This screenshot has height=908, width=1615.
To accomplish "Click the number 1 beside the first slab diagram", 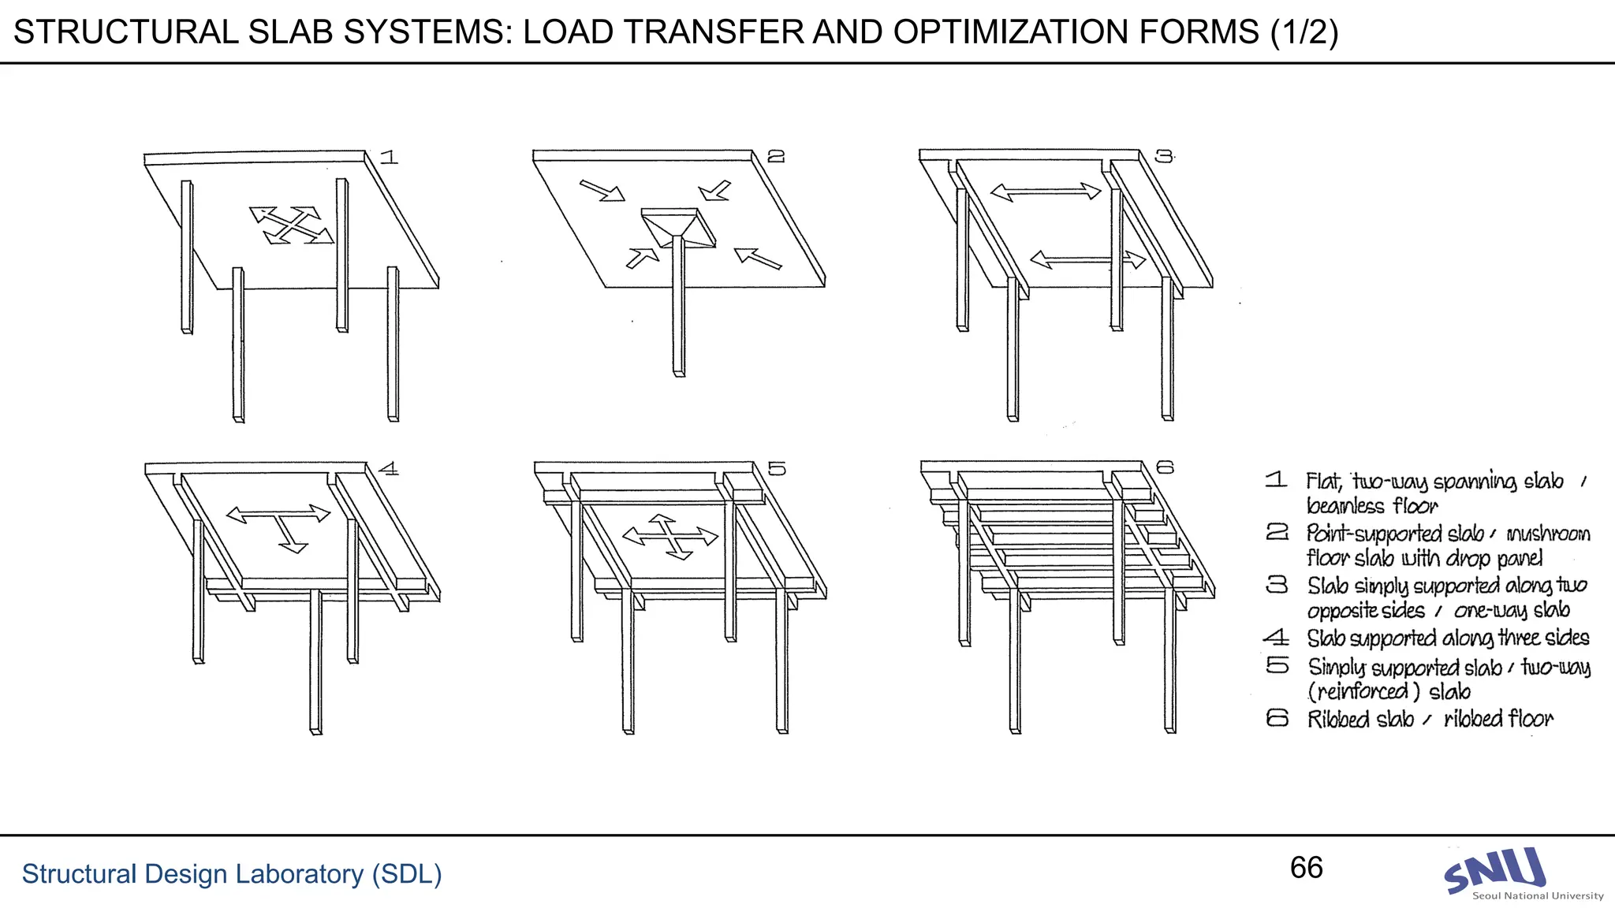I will [x=389, y=157].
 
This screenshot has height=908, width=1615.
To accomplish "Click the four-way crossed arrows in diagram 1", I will [x=291, y=225].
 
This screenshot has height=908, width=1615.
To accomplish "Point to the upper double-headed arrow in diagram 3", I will [x=1046, y=192].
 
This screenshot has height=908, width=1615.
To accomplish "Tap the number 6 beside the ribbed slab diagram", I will [x=1165, y=467].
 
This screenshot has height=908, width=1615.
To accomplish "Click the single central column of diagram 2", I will [x=679, y=315].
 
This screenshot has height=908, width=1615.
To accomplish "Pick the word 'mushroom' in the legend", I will [x=1548, y=534].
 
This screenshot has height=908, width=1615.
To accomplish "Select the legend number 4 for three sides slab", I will [x=1276, y=637].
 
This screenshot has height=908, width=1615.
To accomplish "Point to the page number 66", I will [x=1306, y=868].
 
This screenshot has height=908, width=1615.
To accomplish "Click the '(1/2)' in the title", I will [x=1304, y=32].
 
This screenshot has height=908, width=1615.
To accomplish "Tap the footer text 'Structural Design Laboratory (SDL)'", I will [x=231, y=874].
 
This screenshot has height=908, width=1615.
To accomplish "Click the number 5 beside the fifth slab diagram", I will [x=777, y=469].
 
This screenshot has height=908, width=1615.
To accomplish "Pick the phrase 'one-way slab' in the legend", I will [x=1511, y=610].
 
